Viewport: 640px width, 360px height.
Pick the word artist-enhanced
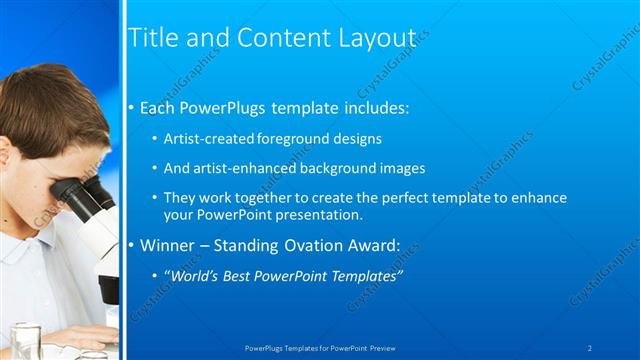coord(240,168)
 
